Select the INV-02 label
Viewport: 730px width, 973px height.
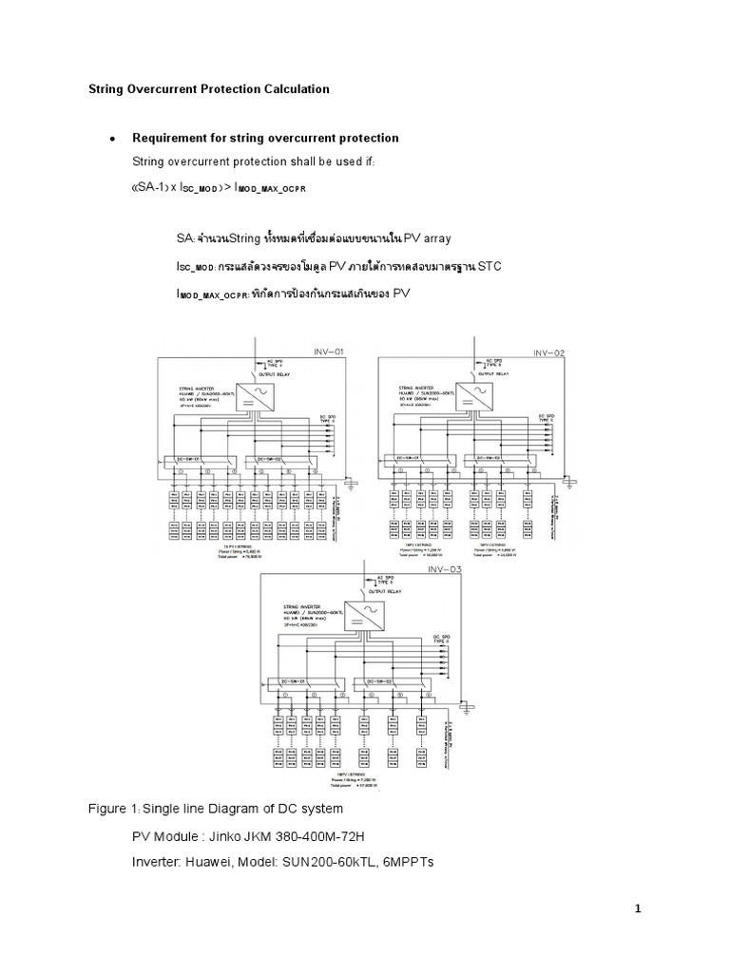pos(548,352)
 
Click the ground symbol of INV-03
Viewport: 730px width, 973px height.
pos(468,708)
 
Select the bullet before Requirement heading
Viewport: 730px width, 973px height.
pos(112,139)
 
